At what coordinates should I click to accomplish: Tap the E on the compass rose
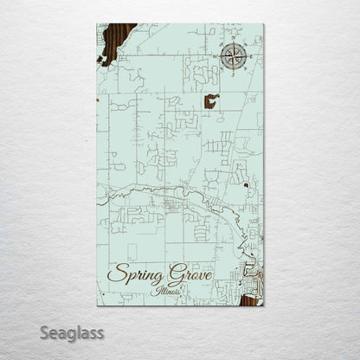pyautogui.click(x=247, y=56)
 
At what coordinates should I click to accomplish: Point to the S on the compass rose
pyautogui.click(x=232, y=72)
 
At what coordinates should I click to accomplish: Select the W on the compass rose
pyautogui.click(x=216, y=56)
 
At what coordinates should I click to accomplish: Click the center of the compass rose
pyautogui.click(x=232, y=56)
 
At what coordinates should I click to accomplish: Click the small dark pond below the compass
pyautogui.click(x=211, y=100)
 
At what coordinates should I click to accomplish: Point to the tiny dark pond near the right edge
pyautogui.click(x=247, y=183)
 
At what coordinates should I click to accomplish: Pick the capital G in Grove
pyautogui.click(x=183, y=271)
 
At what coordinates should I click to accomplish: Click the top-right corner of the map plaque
pyautogui.click(x=263, y=24)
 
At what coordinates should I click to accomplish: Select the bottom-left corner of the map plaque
pyautogui.click(x=98, y=305)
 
